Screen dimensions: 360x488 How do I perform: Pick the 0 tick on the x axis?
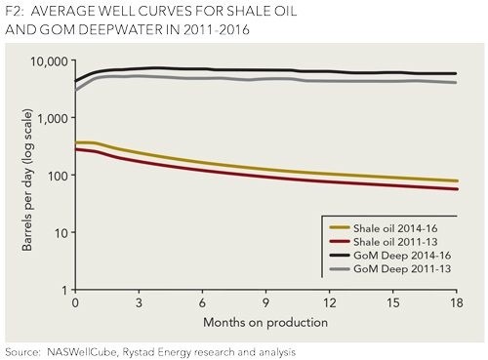[74, 303]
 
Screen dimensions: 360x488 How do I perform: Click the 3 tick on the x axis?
[140, 303]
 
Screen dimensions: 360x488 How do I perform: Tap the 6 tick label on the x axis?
[205, 303]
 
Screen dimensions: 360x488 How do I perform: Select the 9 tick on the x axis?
[270, 303]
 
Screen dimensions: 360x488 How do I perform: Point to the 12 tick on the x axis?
[335, 303]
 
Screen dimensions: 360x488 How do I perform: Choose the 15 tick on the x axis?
[400, 303]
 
